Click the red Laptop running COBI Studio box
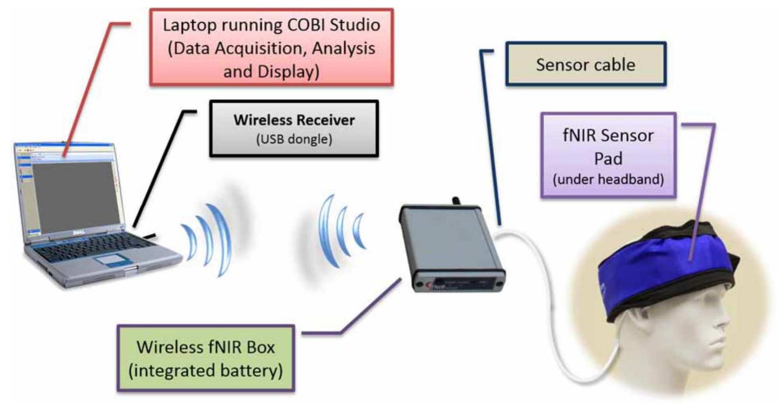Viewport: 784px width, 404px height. pos(271,47)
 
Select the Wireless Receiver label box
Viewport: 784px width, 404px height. pos(294,128)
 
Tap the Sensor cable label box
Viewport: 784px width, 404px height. pos(586,64)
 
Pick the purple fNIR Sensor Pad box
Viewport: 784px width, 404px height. pos(608,155)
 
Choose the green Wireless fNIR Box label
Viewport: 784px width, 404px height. pos(205,358)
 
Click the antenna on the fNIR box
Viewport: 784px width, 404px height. pos(455,201)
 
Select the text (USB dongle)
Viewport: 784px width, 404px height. pos(294,139)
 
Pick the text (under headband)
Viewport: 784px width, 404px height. pos(608,180)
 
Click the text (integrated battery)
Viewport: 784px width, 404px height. pos(205,371)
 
